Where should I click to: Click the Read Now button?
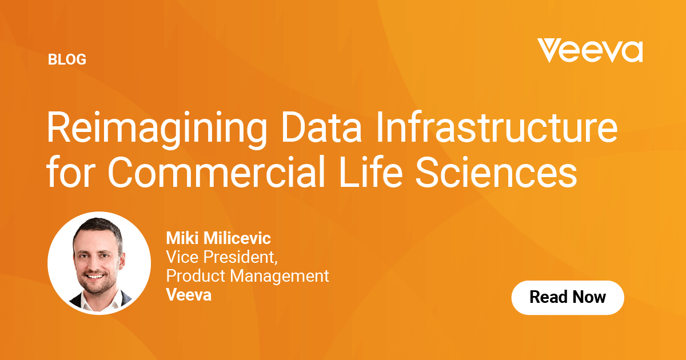click(x=567, y=297)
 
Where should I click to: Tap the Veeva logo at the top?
click(x=589, y=51)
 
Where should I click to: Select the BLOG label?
click(x=67, y=59)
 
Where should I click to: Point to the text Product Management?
click(x=247, y=276)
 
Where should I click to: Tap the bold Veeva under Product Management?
click(x=188, y=295)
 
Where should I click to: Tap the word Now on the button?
click(x=589, y=297)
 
